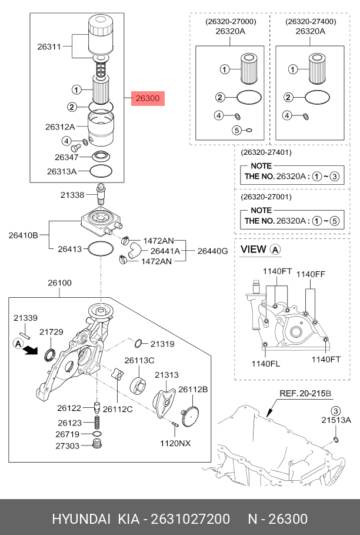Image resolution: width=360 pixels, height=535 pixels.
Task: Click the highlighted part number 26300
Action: (x=147, y=99)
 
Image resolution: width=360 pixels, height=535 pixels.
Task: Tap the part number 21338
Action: (x=74, y=194)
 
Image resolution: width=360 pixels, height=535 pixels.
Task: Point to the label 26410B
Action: (x=23, y=235)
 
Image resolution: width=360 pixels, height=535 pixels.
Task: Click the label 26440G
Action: (x=212, y=251)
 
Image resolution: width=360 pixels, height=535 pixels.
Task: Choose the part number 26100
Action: (x=59, y=283)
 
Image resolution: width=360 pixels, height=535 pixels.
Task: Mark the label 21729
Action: (x=51, y=333)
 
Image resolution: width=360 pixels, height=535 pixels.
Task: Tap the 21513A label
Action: (x=336, y=420)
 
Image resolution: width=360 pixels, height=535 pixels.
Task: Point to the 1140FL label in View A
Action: (x=266, y=363)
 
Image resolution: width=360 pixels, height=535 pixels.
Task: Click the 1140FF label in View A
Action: (x=310, y=274)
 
